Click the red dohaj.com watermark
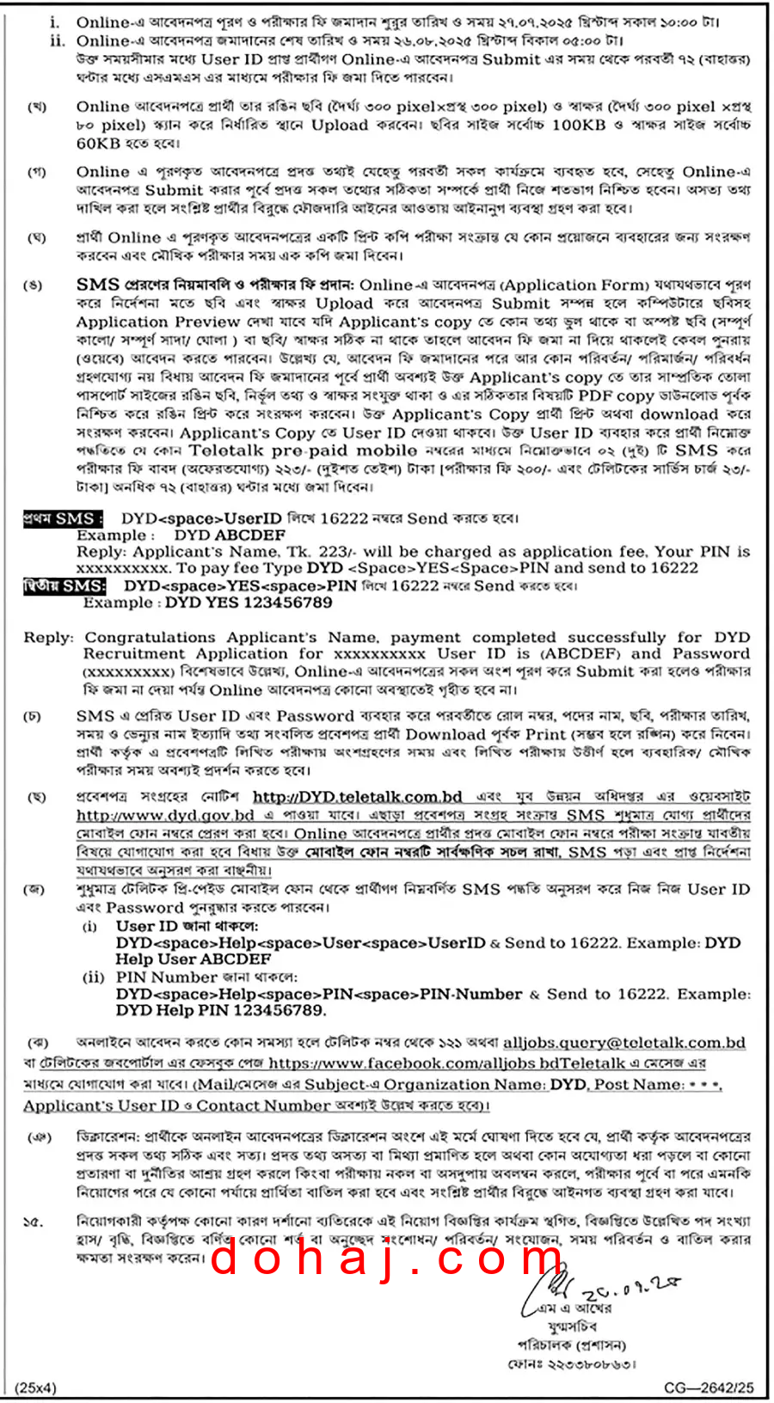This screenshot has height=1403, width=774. tap(388, 1259)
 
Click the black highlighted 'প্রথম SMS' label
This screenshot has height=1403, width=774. tap(64, 518)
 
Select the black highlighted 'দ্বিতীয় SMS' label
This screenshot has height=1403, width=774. tap(64, 586)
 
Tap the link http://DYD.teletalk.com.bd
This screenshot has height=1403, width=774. tap(358, 797)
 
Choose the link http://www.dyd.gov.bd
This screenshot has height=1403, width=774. tap(165, 815)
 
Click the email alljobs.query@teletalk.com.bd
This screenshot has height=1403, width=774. tap(623, 1043)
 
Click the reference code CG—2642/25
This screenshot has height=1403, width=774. tap(709, 1388)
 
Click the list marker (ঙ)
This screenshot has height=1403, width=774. tap(34, 285)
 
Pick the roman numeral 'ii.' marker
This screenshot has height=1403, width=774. tap(58, 40)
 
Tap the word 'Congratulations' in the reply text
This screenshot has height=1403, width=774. tap(150, 637)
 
